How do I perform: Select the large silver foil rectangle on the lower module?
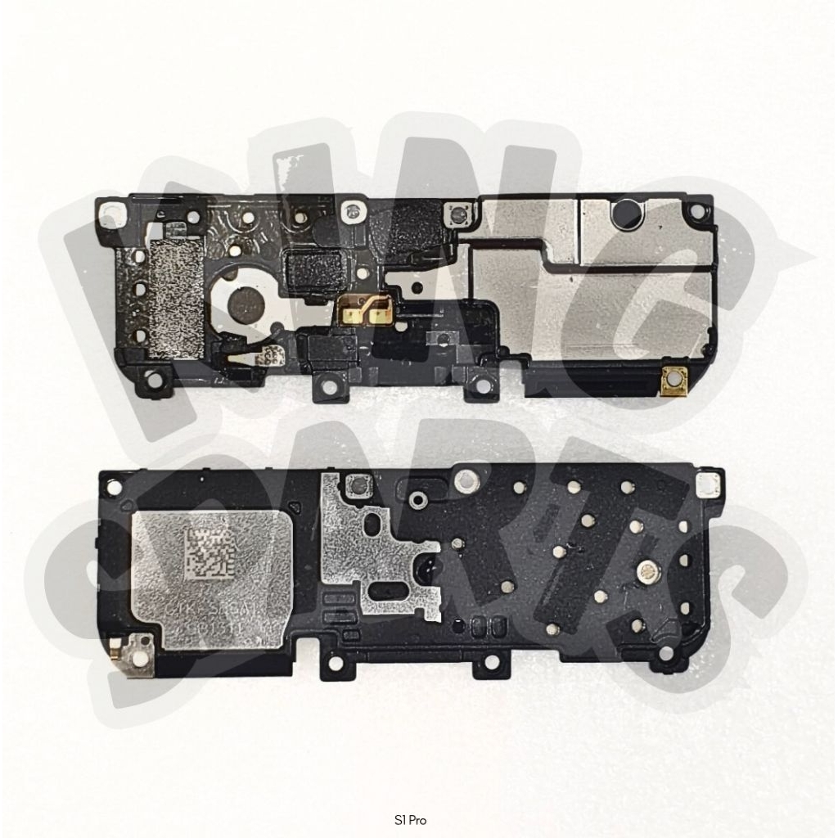211,579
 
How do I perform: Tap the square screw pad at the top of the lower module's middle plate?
356,486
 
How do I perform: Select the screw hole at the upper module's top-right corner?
696,210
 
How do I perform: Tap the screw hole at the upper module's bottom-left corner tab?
152,380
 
